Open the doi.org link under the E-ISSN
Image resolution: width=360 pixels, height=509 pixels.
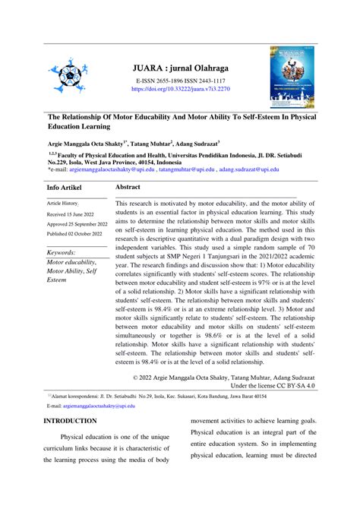[x=180, y=88]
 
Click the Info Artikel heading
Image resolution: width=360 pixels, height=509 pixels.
[x=66, y=187]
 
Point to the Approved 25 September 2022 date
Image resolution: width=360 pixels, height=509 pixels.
[x=77, y=225]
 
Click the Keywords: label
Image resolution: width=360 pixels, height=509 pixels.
[x=66, y=252]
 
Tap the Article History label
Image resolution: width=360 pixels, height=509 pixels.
[x=62, y=204]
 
